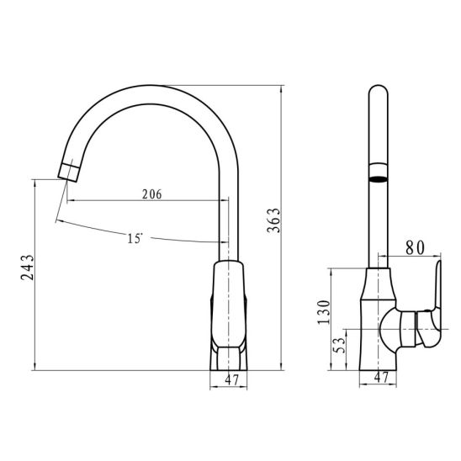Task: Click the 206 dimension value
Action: pyautogui.click(x=152, y=194)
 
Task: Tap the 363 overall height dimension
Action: pyautogui.click(x=273, y=220)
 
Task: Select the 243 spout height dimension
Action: pyautogui.click(x=28, y=268)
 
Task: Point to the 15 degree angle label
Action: pyautogui.click(x=135, y=238)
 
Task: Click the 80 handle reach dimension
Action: pyautogui.click(x=415, y=248)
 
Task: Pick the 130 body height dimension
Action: pyautogui.click(x=324, y=312)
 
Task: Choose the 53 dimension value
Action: pyautogui.click(x=338, y=345)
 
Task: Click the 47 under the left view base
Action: pyautogui.click(x=232, y=380)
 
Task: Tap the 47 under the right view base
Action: pyautogui.click(x=381, y=377)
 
